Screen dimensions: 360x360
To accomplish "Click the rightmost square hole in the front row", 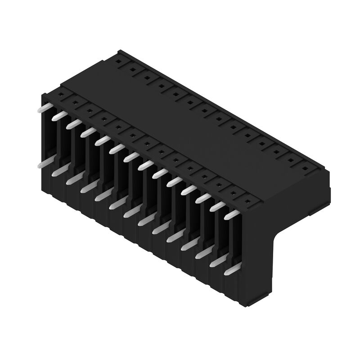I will coord(247,201).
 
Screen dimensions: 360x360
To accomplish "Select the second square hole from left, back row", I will coord(134,69).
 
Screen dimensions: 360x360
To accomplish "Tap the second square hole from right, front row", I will coord(233,193).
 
